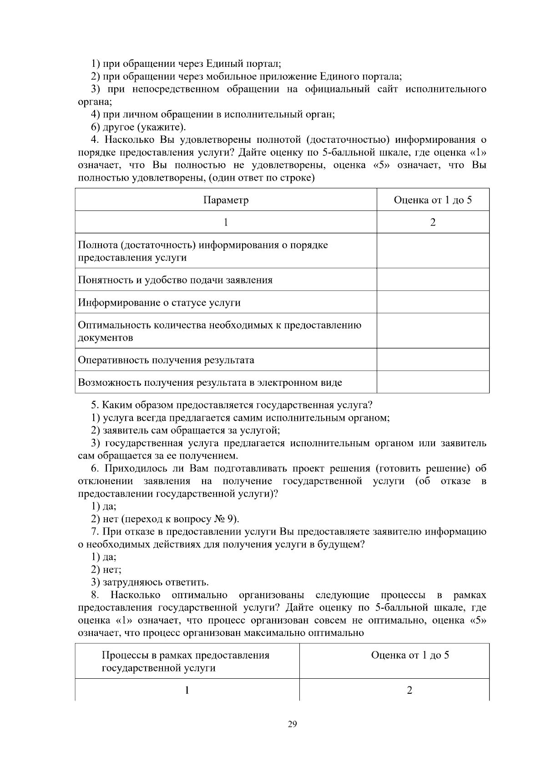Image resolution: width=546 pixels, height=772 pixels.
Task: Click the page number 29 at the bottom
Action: (292, 724)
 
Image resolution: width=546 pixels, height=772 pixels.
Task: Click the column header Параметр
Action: (226, 200)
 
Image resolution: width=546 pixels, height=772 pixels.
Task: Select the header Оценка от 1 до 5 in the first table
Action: (432, 200)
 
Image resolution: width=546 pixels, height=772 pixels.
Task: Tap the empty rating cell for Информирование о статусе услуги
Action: (433, 302)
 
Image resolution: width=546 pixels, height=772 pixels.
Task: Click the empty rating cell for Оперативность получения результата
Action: (433, 360)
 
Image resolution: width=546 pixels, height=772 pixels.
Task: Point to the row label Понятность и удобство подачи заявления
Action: (175, 280)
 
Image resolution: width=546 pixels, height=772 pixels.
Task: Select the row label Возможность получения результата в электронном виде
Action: (210, 383)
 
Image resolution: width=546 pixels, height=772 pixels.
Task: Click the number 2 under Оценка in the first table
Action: (433, 222)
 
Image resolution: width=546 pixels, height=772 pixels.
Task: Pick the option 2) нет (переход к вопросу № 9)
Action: (165, 519)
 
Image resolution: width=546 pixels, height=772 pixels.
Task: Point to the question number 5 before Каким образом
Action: (94, 405)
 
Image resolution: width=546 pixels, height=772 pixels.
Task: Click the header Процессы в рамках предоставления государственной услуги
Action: (185, 661)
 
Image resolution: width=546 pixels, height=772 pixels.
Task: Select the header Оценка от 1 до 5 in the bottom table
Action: (409, 655)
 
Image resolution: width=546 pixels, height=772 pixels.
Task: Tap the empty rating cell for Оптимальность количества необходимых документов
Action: (433, 331)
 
